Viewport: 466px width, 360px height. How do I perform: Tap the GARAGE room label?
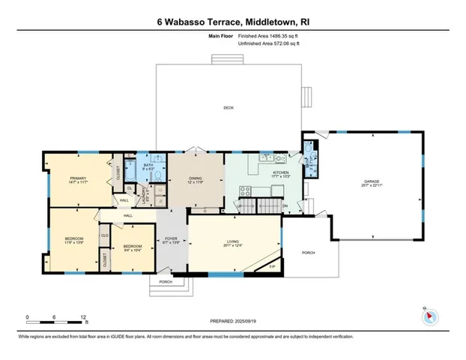[x=372, y=182]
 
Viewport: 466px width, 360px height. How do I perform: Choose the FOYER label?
[x=171, y=241]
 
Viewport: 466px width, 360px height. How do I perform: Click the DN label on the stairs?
[x=285, y=206]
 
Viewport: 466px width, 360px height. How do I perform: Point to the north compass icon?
[x=429, y=316]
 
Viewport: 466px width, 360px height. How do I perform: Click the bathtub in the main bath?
[x=131, y=174]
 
